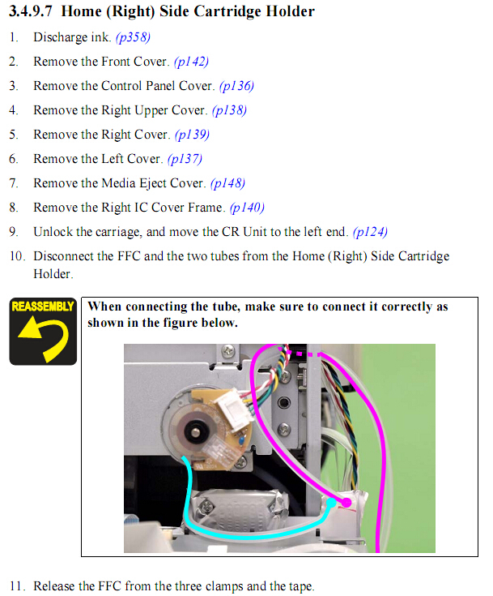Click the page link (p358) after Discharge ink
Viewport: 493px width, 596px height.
[x=133, y=37]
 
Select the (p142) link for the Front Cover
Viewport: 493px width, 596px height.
[x=191, y=62]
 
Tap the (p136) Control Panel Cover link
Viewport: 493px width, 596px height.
[x=236, y=86]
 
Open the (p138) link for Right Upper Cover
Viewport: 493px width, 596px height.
[x=229, y=110]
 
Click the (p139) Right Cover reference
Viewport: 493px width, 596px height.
[x=192, y=135]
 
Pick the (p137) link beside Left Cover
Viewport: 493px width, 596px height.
[x=185, y=159]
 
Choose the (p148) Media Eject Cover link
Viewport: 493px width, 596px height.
[x=227, y=183]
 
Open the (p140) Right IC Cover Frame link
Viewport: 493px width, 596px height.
[x=247, y=208]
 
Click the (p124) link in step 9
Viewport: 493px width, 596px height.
[x=370, y=232]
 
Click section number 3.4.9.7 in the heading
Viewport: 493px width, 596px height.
[x=31, y=11]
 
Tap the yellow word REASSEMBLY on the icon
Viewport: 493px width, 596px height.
[x=43, y=307]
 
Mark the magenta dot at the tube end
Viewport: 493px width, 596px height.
[x=346, y=503]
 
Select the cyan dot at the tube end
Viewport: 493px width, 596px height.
[x=331, y=503]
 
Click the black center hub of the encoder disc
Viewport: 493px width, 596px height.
[x=195, y=431]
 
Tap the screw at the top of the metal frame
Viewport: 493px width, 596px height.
[x=228, y=350]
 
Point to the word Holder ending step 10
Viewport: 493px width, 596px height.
[x=53, y=274]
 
